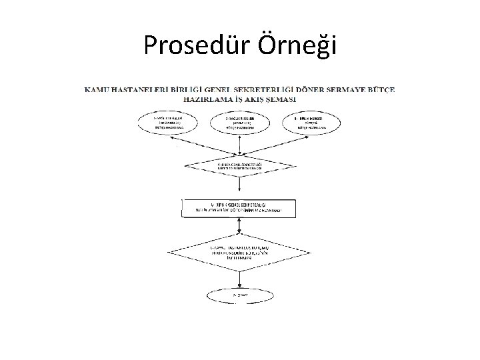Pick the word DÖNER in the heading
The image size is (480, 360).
[321, 89]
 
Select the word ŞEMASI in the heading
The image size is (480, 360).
[281, 99]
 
